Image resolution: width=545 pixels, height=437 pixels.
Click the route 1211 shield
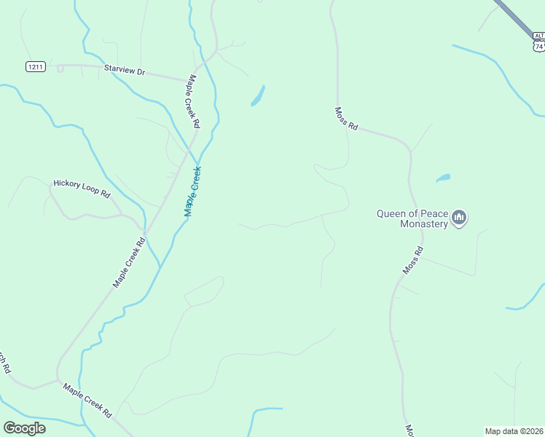click(36, 66)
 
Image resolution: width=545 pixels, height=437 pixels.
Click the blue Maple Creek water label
click(192, 192)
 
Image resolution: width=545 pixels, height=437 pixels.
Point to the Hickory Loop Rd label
click(81, 189)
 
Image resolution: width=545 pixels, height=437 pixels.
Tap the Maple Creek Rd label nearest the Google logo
click(87, 400)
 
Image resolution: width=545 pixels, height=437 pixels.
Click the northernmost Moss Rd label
click(346, 119)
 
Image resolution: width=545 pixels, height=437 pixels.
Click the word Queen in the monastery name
click(391, 213)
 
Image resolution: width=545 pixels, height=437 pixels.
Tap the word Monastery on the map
click(423, 224)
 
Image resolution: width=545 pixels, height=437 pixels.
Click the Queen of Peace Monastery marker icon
click(459, 218)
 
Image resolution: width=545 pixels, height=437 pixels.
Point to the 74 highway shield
click(538, 46)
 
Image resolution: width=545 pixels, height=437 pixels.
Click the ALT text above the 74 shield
click(538, 35)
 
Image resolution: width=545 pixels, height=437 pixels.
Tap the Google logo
click(25, 428)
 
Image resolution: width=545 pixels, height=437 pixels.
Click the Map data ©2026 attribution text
click(514, 430)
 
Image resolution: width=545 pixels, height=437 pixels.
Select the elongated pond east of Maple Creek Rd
click(257, 96)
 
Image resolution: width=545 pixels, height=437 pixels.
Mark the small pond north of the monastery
click(442, 178)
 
